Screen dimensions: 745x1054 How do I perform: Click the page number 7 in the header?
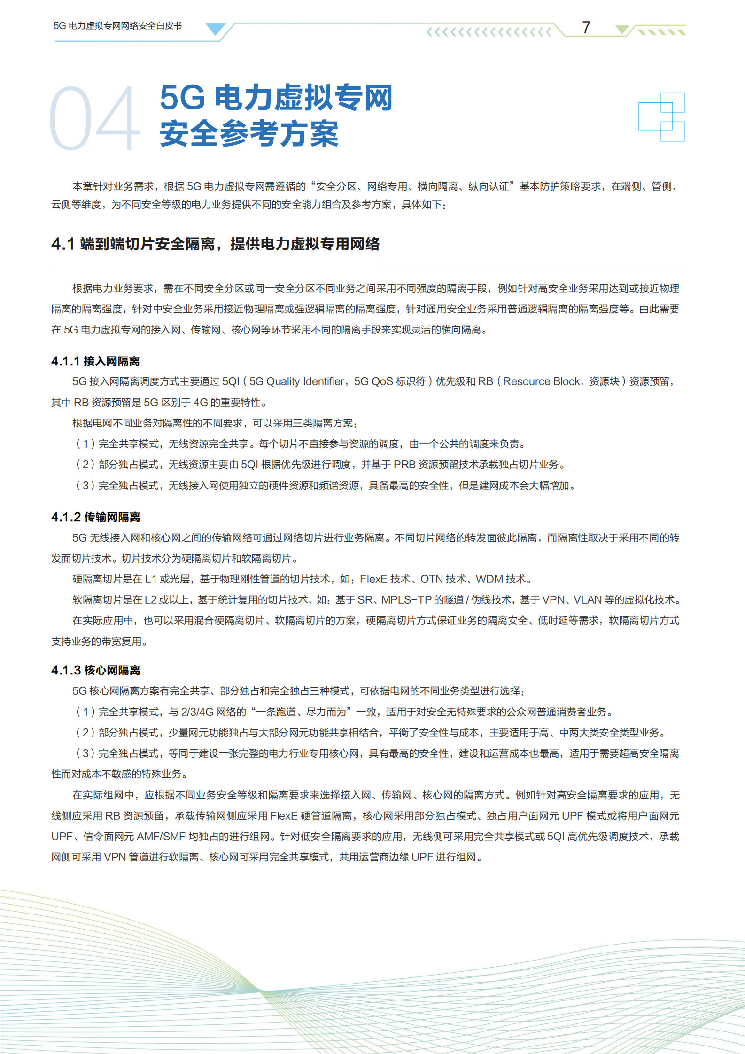click(x=586, y=27)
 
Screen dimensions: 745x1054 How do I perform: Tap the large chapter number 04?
click(x=94, y=118)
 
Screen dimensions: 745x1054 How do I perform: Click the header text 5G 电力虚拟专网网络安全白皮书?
click(x=117, y=26)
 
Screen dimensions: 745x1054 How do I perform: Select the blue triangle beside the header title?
click(x=216, y=29)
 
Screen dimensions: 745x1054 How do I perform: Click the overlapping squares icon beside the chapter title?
click(x=661, y=117)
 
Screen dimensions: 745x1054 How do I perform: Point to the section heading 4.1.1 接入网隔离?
click(x=95, y=361)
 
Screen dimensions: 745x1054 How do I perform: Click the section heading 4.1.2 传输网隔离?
click(x=95, y=517)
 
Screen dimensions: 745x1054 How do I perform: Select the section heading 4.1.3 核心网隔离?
click(x=95, y=670)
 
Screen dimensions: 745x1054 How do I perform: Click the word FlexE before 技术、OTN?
click(x=373, y=579)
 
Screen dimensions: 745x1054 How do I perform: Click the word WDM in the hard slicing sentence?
click(x=489, y=579)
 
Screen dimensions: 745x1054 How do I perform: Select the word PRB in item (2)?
click(x=404, y=465)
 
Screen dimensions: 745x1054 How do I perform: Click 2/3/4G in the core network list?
click(x=197, y=712)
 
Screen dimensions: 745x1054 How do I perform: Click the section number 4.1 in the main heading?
click(x=63, y=244)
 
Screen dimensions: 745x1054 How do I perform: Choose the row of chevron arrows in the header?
click(x=489, y=32)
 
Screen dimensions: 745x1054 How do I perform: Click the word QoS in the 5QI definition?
click(x=382, y=381)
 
